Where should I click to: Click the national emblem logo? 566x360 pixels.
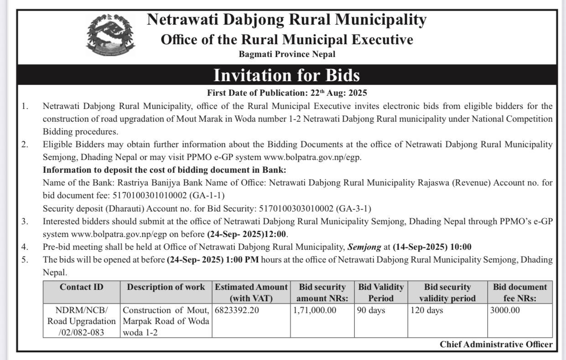point(111,35)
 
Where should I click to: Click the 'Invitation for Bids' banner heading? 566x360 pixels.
point(286,75)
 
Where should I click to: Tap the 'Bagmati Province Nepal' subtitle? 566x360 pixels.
point(287,54)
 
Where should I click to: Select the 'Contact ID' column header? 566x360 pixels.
point(82,287)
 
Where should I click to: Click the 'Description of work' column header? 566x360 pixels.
point(166,287)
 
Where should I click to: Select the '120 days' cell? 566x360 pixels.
point(426,311)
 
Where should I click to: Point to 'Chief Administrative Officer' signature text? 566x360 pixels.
point(496,345)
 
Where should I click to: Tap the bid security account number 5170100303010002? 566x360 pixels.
point(296,209)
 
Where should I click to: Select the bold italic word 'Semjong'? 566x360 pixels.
point(364,247)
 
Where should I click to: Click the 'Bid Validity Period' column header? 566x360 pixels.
point(381,293)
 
